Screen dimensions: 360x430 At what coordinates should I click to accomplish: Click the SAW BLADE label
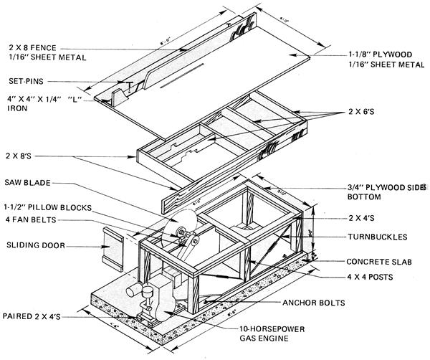28,181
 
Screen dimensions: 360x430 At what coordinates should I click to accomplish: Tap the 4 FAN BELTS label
30,219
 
